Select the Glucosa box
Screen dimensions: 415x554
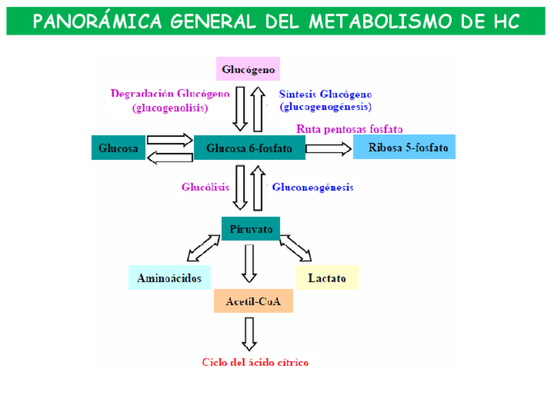pos(118,148)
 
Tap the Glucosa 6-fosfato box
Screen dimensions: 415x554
pos(250,148)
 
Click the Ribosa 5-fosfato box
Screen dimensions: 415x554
pos(404,147)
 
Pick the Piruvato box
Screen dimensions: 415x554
pos(251,228)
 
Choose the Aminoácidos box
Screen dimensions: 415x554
pos(169,278)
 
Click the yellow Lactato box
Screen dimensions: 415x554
pos(327,278)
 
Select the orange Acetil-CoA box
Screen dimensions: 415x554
pos(253,301)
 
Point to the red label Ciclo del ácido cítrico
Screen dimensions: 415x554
pos(255,362)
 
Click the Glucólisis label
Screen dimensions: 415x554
pos(205,187)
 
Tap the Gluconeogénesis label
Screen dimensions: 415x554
pos(313,187)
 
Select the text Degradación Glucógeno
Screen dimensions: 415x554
pos(170,93)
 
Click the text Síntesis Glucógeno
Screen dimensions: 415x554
pos(325,93)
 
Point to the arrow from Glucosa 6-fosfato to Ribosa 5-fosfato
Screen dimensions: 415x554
pos(329,149)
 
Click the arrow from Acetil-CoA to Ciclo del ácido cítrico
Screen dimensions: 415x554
pos(248,333)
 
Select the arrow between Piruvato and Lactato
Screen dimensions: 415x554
pos(296,248)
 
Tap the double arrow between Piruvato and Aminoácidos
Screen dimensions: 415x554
pos(204,248)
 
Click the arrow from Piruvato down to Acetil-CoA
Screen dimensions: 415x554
pos(248,262)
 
